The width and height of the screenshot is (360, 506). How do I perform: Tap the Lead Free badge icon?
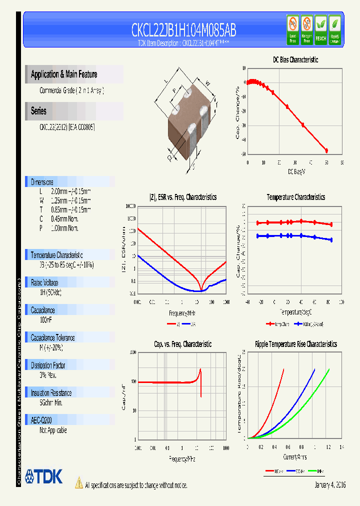pos(292,29)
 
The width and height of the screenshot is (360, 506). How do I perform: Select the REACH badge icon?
pos(320,29)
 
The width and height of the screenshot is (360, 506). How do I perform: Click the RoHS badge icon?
pos(334,29)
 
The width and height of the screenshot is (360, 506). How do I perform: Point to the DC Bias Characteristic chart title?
pos(295,59)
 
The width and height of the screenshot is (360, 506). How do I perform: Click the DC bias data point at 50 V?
pos(326,150)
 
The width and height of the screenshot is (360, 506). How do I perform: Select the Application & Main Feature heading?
pos(64,74)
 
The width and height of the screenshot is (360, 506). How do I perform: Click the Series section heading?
pos(38,111)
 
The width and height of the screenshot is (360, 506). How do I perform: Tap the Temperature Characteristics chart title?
pos(295,197)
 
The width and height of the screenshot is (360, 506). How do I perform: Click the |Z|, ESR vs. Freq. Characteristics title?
pos(183,197)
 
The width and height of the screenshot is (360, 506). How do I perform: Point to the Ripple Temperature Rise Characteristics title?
pos(295,344)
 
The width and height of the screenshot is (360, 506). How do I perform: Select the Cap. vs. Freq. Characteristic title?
pos(182,344)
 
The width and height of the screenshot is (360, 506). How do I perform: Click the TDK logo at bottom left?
pos(44,476)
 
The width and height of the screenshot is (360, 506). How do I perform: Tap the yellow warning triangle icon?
pos(78,483)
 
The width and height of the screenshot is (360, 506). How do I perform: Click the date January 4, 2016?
pos(330,485)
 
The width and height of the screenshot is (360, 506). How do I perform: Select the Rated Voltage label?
pos(44,282)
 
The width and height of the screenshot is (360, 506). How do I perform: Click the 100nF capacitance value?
pos(46,319)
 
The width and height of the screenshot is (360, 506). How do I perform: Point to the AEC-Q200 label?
pos(41,420)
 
